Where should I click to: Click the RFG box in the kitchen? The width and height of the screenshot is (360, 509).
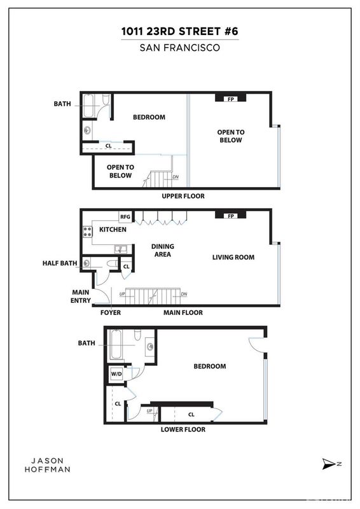125,217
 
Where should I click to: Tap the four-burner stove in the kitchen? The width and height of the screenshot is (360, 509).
87,232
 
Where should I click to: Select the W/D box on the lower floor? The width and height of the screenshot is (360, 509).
116,374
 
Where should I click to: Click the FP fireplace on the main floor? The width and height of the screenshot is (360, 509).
231,216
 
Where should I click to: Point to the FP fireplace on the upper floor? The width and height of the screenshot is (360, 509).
231,99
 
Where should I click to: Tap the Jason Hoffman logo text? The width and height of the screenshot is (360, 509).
48,465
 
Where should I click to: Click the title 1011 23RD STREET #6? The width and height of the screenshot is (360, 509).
180,31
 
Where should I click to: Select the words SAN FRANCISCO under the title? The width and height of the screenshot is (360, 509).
180,48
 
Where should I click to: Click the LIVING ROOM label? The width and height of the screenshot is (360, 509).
233,258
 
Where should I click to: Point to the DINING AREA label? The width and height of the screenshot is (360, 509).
163,250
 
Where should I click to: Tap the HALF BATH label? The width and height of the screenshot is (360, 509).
60,263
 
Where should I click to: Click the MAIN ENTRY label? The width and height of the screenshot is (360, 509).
81,296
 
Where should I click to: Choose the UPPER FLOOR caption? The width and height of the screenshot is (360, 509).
183,196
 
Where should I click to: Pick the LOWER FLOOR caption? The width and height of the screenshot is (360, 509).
183,429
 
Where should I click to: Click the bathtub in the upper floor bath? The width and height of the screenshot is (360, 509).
88,106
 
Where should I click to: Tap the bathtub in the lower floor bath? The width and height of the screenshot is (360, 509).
116,344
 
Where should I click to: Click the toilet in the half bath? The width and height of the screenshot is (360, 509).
111,263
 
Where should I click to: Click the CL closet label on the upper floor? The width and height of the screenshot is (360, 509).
108,146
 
